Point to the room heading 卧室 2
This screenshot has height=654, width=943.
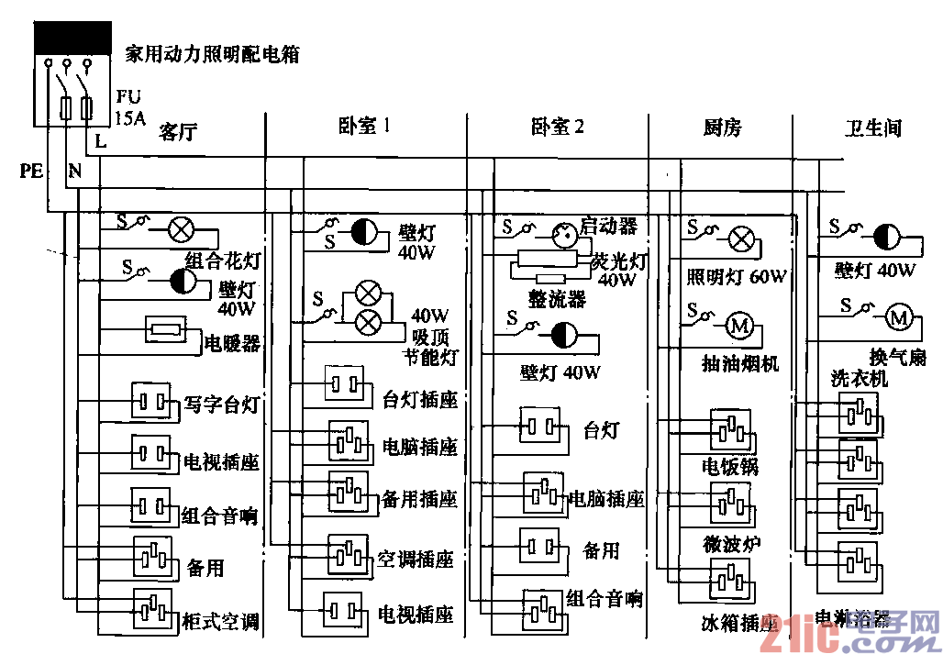pos(558,127)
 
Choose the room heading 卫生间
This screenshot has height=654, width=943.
pos(873,127)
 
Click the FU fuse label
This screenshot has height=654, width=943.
pos(128,95)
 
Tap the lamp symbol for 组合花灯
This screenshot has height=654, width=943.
pos(179,229)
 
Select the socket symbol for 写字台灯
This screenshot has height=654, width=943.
pos(151,402)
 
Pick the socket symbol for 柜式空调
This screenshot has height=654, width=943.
pos(152,606)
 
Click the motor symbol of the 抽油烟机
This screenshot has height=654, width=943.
pos(739,325)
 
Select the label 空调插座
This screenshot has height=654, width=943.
pos(416,559)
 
